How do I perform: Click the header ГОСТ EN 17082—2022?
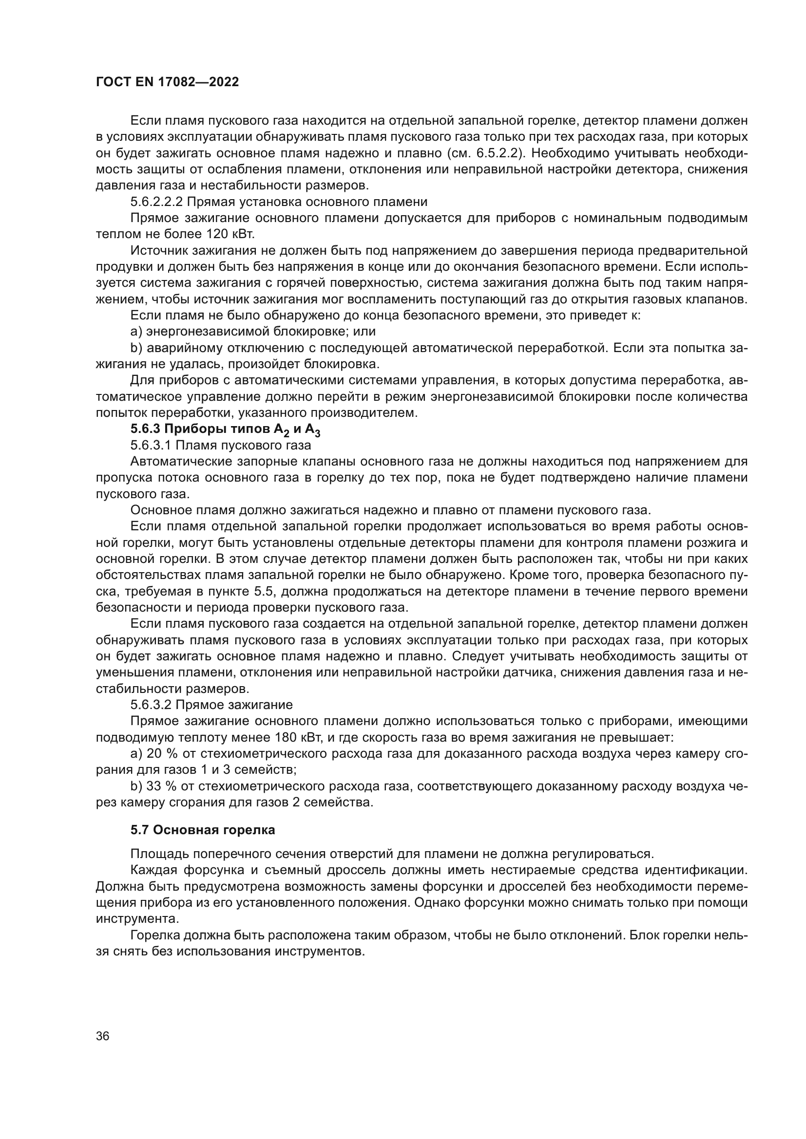pos(167,82)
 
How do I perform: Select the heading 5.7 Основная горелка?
pos(203,829)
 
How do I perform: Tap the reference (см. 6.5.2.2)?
pos(476,153)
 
